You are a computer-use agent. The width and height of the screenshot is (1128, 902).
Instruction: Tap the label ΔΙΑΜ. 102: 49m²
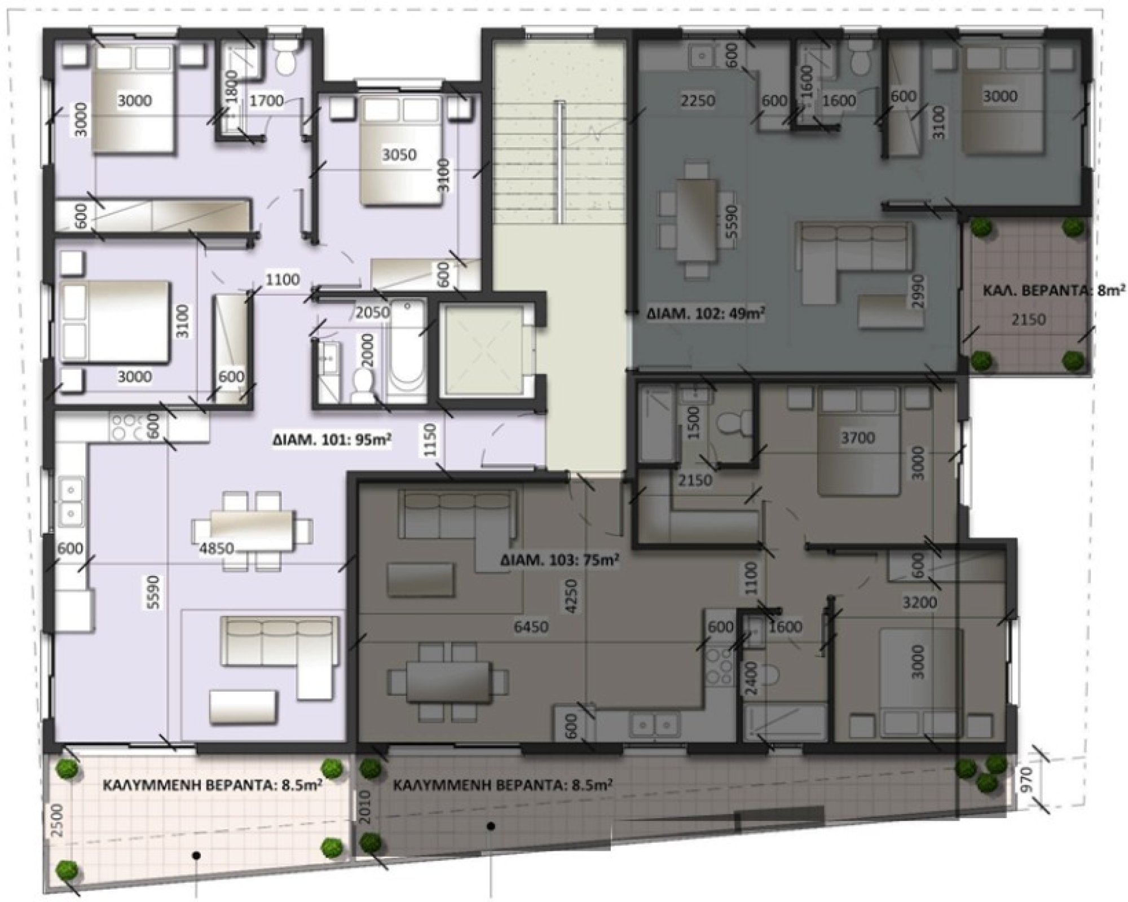click(705, 313)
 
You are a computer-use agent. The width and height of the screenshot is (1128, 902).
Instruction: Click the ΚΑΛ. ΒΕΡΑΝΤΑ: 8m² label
click(1051, 291)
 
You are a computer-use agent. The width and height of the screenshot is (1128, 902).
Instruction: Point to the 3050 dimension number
click(399, 154)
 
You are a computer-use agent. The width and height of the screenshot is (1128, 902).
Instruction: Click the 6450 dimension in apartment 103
click(531, 626)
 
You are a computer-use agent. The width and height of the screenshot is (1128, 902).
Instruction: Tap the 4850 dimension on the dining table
click(217, 547)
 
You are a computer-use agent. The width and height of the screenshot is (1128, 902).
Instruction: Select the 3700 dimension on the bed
click(857, 437)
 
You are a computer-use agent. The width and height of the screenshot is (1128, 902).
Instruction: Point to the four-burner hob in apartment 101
click(127, 427)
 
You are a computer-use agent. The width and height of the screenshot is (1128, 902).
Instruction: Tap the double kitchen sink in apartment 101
click(70, 499)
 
